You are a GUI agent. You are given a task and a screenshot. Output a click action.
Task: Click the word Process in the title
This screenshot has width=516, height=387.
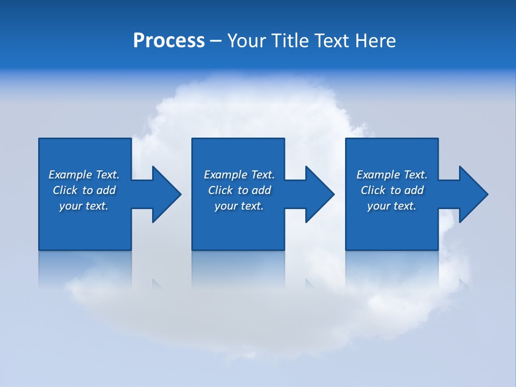[x=169, y=41]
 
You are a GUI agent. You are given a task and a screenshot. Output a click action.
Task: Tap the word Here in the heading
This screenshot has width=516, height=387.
[x=375, y=41]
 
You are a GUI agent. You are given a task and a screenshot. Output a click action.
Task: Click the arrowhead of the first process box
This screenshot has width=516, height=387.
[x=166, y=194]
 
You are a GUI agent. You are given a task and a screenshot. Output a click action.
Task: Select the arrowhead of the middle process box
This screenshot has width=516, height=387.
[x=319, y=194]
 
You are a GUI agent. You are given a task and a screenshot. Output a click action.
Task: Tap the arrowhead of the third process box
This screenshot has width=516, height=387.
[x=473, y=194]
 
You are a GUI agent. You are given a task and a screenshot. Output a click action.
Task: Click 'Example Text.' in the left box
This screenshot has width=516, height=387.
[x=84, y=175]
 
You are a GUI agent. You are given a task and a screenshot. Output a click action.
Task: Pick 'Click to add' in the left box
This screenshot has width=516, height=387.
[x=84, y=190]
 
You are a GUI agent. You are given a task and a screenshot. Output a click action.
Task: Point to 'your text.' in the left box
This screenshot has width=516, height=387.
[x=84, y=206]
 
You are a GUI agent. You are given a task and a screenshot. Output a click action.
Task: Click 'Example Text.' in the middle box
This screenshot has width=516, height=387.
[x=239, y=175]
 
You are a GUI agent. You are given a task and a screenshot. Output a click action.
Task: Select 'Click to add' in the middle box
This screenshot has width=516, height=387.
[x=239, y=190]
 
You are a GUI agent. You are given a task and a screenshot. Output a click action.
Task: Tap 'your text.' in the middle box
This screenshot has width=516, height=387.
[x=239, y=206]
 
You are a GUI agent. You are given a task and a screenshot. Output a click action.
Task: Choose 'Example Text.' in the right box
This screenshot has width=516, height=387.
[x=392, y=175]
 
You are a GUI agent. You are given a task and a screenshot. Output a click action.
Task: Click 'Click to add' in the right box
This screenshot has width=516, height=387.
[x=392, y=190]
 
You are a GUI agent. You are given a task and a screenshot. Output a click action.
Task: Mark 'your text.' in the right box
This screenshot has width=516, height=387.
[x=392, y=206]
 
